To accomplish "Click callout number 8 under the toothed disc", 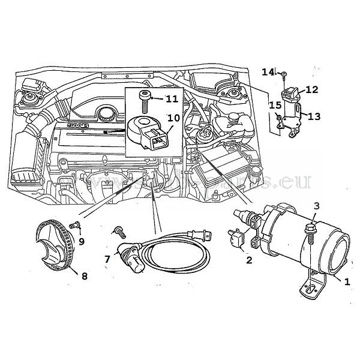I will (x=85, y=277).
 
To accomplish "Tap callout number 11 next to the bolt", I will (x=172, y=98).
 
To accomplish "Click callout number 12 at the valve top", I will (x=311, y=89).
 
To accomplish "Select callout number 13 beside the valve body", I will (x=314, y=116).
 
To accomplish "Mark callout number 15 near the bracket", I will (x=275, y=106).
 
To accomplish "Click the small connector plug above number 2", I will (x=235, y=239).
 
